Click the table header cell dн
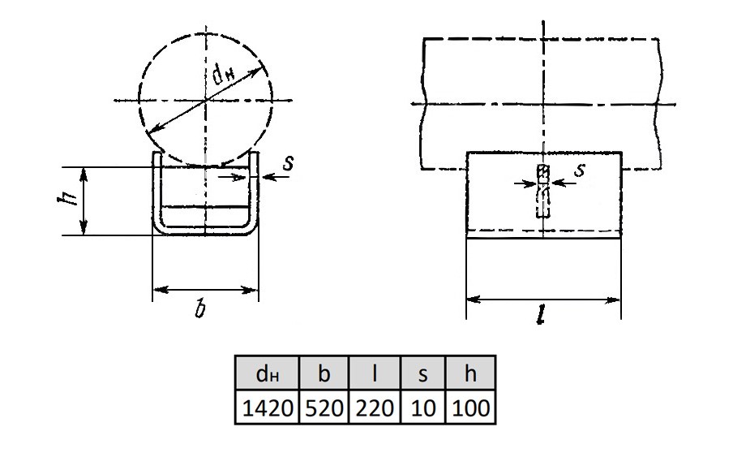267,373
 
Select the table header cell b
324,373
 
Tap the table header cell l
375,373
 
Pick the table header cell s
423,373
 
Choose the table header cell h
470,373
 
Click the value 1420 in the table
267,407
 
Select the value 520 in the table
324,407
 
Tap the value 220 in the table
375,407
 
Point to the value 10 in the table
423,407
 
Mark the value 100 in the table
470,407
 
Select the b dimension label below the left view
201,309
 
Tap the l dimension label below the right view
541,316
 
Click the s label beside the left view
289,163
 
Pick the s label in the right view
579,169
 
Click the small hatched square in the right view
542,172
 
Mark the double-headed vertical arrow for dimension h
84,201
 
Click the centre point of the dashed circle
206,100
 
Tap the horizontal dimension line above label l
543,300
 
